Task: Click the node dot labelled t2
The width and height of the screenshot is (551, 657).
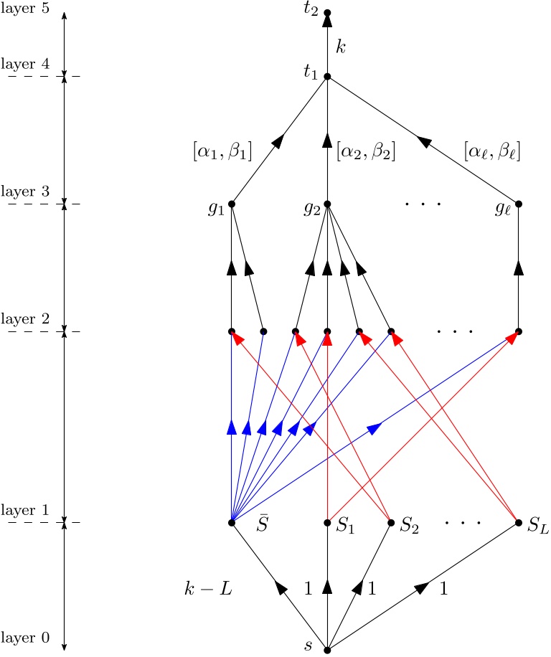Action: point(327,13)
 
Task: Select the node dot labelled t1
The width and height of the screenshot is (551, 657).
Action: point(327,76)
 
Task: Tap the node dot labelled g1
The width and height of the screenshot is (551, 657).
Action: point(232,204)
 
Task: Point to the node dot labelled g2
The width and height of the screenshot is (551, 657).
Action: point(327,204)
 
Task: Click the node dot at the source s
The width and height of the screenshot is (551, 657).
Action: point(327,650)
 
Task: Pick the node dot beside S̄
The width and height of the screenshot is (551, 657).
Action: point(232,523)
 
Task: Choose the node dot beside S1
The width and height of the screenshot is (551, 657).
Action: point(327,523)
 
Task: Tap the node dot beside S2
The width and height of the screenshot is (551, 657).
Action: point(391,523)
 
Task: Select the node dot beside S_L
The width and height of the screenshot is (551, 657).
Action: point(518,523)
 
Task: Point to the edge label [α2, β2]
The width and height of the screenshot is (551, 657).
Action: point(366,151)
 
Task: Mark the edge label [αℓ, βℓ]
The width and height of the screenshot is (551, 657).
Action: point(491,151)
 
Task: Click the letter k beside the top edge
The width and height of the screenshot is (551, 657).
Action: point(341,46)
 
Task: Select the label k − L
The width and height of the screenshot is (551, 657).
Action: point(209,590)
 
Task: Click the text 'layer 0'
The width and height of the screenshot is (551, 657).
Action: point(25,637)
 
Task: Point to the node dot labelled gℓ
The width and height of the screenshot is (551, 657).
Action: point(518,204)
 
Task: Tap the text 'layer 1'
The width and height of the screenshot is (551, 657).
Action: point(25,510)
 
